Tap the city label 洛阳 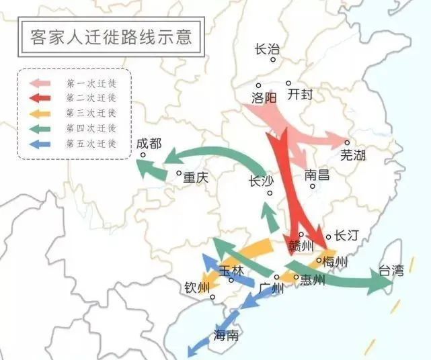pos(264,97)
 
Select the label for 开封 pos(300,95)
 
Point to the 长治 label pos(267,49)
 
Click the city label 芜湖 pos(353,155)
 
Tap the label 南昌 pos(317,175)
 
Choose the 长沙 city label pos(262,181)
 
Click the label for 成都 pos(149,143)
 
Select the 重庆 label pos(196,178)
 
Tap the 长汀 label pos(347,235)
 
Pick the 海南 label pos(226,335)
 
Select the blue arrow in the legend pos(44,144)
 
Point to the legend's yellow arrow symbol pos(44,114)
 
